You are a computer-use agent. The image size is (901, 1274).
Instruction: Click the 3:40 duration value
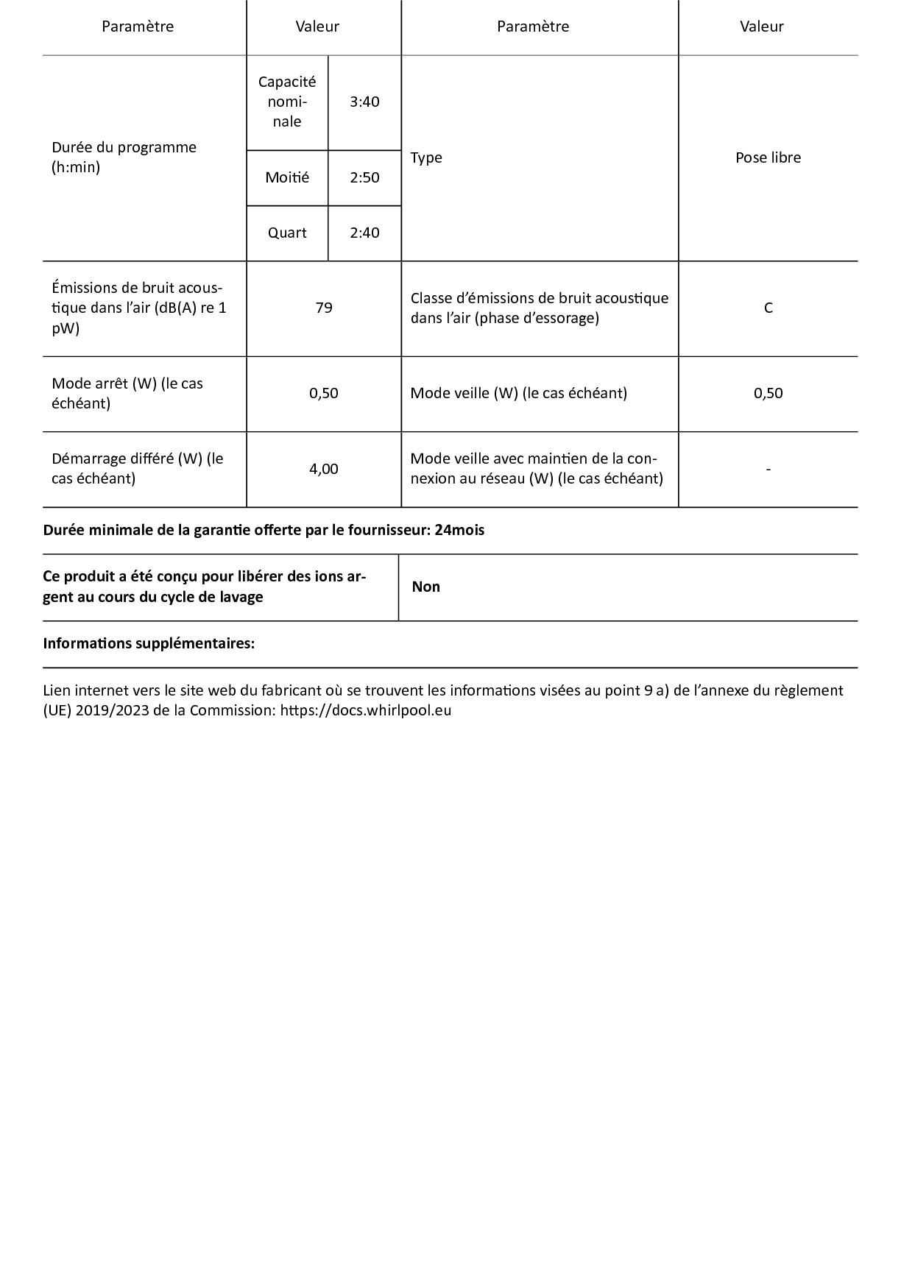pos(364,102)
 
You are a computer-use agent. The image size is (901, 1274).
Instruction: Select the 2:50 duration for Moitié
pos(364,177)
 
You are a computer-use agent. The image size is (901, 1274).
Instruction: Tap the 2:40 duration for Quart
pos(364,233)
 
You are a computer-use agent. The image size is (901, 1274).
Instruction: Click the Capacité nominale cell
pos(287,102)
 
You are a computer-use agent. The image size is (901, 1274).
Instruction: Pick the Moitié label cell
pos(287,177)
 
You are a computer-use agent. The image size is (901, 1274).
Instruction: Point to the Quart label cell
pos(287,233)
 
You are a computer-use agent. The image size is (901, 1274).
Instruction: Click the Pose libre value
pos(768,158)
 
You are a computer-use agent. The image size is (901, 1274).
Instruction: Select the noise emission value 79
pos(324,308)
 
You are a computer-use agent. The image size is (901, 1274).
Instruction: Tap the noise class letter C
pos(768,308)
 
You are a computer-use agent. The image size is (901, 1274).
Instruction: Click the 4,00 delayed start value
pos(324,469)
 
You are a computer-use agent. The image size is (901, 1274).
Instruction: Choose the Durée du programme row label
pos(124,157)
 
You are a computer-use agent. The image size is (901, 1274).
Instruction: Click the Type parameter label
pos(426,158)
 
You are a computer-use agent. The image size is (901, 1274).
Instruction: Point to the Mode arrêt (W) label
pos(127,393)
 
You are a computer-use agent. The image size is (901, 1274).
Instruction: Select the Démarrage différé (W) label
pos(137,468)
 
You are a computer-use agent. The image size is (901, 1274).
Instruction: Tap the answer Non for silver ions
pos(426,587)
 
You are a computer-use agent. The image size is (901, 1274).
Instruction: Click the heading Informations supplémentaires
pos(149,643)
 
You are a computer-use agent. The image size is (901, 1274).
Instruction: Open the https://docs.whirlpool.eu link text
pos(366,710)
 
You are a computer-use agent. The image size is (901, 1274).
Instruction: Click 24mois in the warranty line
pos(459,530)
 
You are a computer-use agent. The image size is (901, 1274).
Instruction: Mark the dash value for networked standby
pos(768,469)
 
